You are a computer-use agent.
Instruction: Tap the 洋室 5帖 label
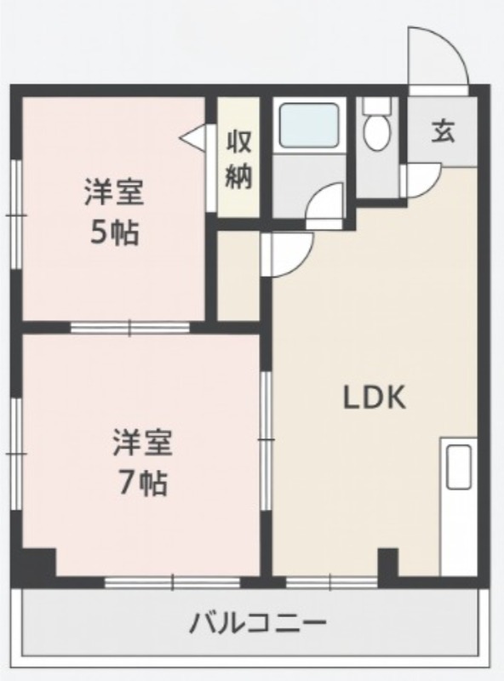(x=113, y=211)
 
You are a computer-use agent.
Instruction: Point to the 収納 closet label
(x=238, y=159)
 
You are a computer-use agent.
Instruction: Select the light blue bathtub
(x=310, y=125)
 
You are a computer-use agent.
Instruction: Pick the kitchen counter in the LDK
(x=458, y=507)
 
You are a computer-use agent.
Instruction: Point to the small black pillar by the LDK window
(x=387, y=564)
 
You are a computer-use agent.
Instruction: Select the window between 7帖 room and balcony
(x=173, y=583)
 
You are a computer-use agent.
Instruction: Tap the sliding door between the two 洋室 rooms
(x=129, y=327)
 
